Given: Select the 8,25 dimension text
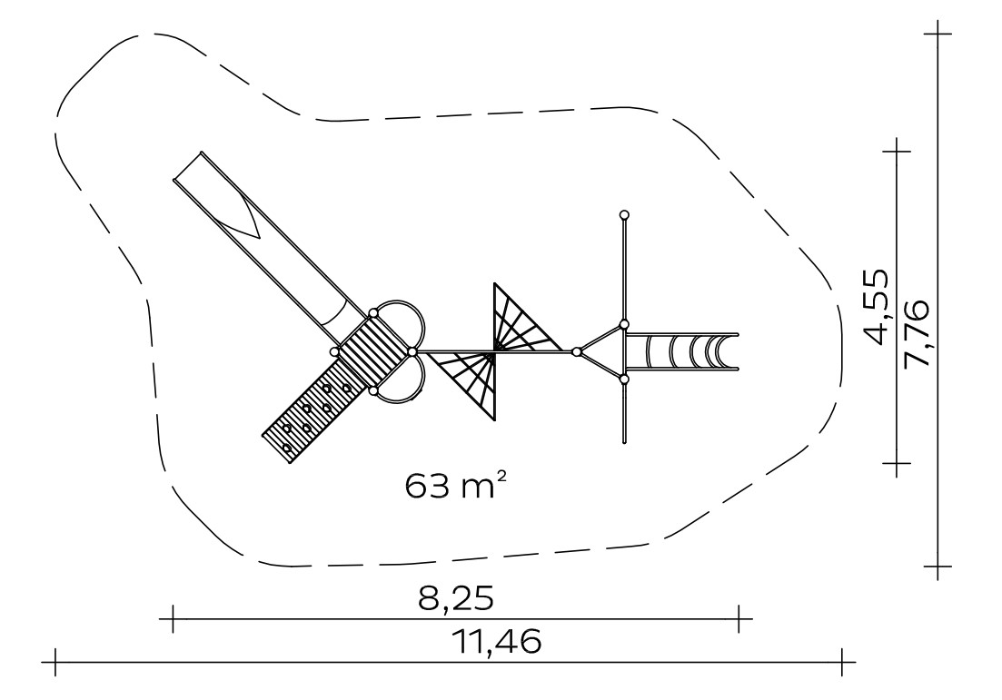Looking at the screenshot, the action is tap(456, 599).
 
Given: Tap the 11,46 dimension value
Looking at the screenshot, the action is tap(497, 641).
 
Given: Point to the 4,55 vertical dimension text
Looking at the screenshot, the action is tap(870, 307).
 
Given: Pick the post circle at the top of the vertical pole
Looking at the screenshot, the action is tap(624, 214).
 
